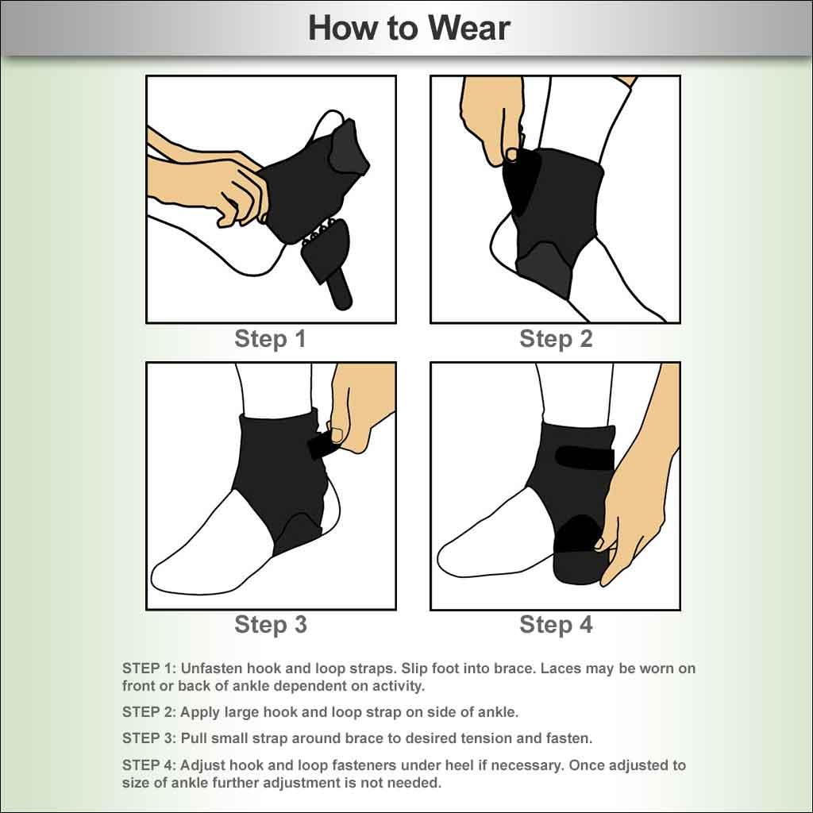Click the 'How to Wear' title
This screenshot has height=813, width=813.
408,29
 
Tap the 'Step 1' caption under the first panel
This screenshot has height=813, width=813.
270,339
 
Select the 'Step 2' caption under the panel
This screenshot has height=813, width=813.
556,339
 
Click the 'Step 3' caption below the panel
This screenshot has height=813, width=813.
270,624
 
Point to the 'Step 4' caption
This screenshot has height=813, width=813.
556,624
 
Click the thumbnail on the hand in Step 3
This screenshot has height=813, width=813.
337,434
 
